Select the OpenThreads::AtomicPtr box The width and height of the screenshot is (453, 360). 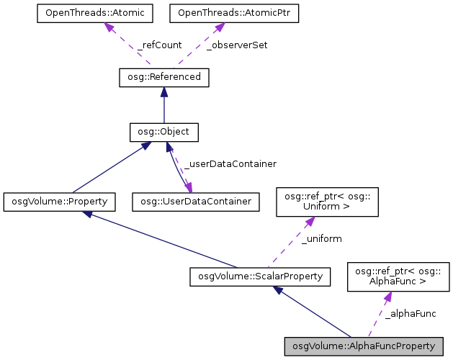tap(224, 14)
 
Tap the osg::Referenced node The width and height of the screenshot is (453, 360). tap(163, 77)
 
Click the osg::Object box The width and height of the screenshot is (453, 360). tap(163, 132)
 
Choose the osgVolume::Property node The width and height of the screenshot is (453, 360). tap(59, 201)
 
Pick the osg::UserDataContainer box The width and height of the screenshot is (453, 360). tap(195, 201)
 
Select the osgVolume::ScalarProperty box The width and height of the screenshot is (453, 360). tap(260, 276)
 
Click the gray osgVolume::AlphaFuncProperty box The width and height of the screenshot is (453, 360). tap(360, 346)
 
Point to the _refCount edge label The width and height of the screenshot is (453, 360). tap(159, 45)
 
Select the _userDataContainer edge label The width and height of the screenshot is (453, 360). tap(230, 164)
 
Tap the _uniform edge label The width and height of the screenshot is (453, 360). tap(321, 238)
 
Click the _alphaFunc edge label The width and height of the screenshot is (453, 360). tap(410, 313)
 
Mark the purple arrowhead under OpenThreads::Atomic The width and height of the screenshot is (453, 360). tap(109, 27)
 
